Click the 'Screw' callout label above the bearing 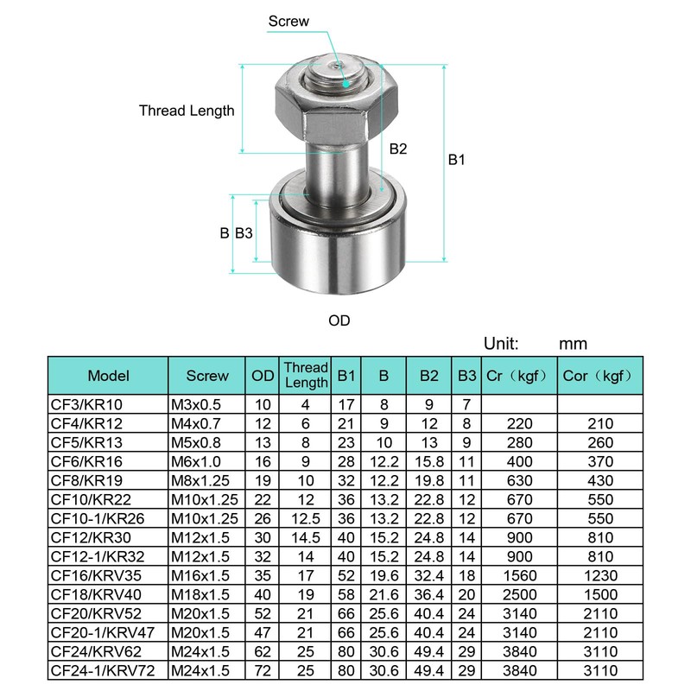click(x=288, y=21)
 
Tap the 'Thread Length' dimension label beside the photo click(x=187, y=111)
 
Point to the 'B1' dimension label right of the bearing click(x=457, y=160)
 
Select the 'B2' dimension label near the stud click(x=397, y=149)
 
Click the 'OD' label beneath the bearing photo click(x=339, y=320)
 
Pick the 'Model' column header click(x=109, y=376)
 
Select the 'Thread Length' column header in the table click(x=307, y=376)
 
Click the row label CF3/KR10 click(x=86, y=404)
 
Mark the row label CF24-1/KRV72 click(x=106, y=670)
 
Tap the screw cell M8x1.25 click(x=200, y=480)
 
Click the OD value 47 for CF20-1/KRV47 click(x=263, y=632)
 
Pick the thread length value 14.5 click(x=307, y=537)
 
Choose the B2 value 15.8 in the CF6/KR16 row click(x=429, y=461)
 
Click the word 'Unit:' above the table click(x=502, y=344)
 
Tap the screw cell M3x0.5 click(x=196, y=404)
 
